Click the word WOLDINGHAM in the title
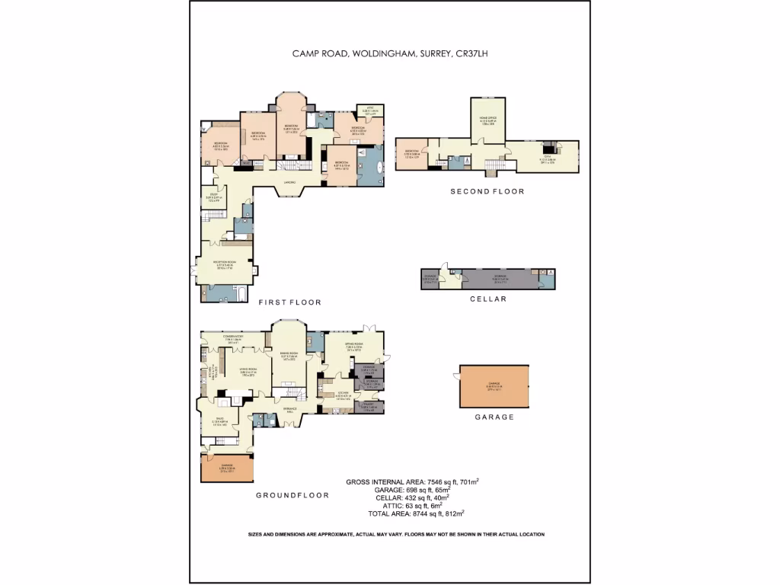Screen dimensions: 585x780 click(381, 53)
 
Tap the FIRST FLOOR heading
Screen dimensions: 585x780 click(289, 302)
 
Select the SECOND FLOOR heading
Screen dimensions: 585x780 click(487, 191)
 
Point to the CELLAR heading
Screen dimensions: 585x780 click(487, 299)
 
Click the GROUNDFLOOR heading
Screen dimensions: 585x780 click(292, 495)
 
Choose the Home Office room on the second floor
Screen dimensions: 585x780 click(487, 120)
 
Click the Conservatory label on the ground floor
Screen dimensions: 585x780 click(232, 337)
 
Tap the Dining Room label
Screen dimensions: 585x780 click(289, 354)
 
